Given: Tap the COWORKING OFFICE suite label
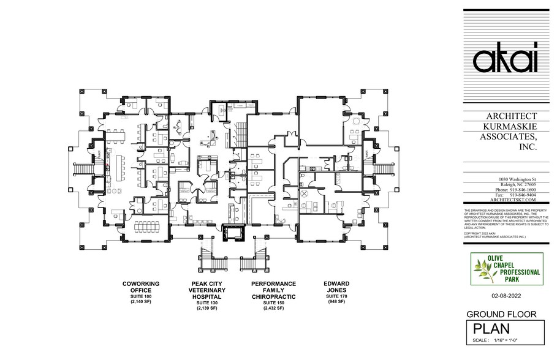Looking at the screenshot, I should coord(141,287).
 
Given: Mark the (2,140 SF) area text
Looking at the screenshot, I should coord(141,302).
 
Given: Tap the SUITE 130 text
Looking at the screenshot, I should coord(207,302).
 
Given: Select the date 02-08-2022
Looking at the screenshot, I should coord(506,296).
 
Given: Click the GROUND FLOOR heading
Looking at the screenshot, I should coord(502,314).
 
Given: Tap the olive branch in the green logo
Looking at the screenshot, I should coord(481,268).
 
